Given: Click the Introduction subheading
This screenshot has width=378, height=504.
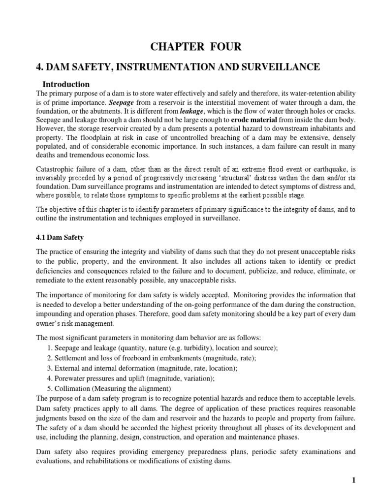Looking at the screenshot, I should pos(66,84).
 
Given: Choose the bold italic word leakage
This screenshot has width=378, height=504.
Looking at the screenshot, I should pos(194,112).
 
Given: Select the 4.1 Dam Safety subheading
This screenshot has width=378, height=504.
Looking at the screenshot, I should pos(61,237).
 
